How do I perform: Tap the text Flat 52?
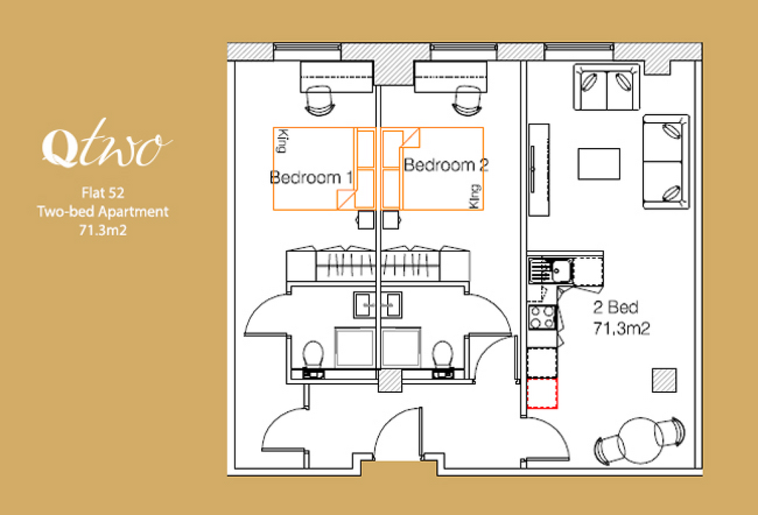click(103, 193)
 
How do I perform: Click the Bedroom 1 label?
click(312, 178)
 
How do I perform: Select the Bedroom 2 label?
click(446, 165)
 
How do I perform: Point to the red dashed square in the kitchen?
click(542, 393)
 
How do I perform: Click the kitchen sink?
click(551, 271)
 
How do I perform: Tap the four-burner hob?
click(543, 317)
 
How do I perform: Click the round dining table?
click(640, 440)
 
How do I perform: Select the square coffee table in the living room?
click(599, 164)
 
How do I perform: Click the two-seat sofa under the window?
click(607, 87)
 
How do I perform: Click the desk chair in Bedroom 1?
click(319, 101)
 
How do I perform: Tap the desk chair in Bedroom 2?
click(467, 101)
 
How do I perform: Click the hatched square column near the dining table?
click(664, 380)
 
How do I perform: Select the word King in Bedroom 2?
click(474, 196)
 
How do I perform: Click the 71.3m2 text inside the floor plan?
click(621, 329)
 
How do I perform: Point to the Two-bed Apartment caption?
click(103, 212)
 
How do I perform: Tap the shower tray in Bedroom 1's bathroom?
click(355, 347)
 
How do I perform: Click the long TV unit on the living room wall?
click(539, 169)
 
